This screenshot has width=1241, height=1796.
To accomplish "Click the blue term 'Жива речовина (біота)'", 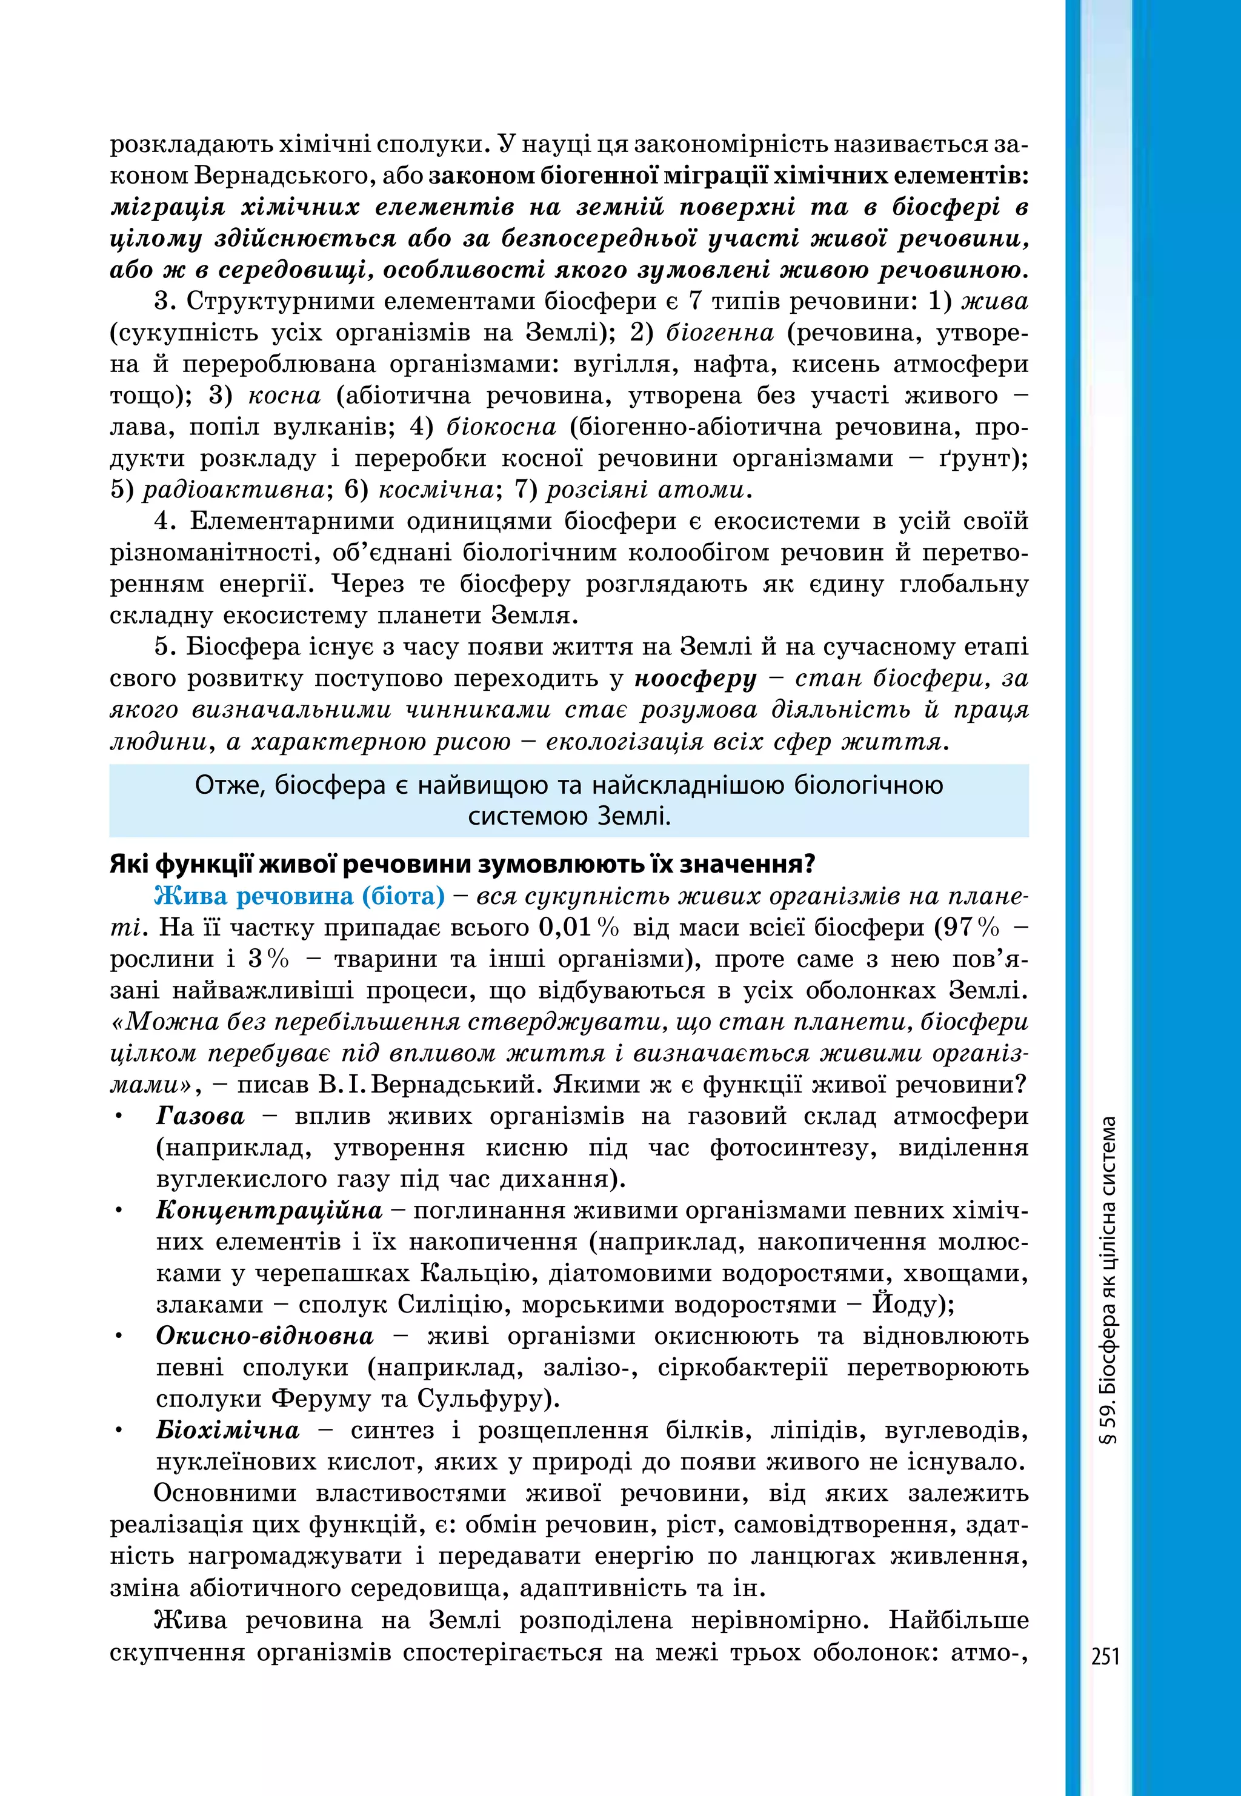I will [x=299, y=896].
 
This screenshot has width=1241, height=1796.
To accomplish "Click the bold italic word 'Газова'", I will [x=200, y=1117].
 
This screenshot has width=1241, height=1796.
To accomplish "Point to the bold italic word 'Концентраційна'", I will [x=269, y=1211].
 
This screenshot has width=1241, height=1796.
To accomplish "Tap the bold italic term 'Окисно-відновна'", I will [x=264, y=1335].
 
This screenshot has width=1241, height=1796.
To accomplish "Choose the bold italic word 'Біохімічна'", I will [x=227, y=1430].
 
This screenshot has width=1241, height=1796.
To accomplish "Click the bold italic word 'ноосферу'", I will [x=694, y=679].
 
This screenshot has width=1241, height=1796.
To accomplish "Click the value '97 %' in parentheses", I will [x=967, y=928].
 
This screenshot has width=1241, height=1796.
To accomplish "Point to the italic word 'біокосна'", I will [x=502, y=427].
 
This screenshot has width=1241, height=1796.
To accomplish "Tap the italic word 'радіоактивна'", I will [x=234, y=490].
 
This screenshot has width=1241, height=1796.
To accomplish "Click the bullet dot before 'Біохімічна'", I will [x=119, y=1431].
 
